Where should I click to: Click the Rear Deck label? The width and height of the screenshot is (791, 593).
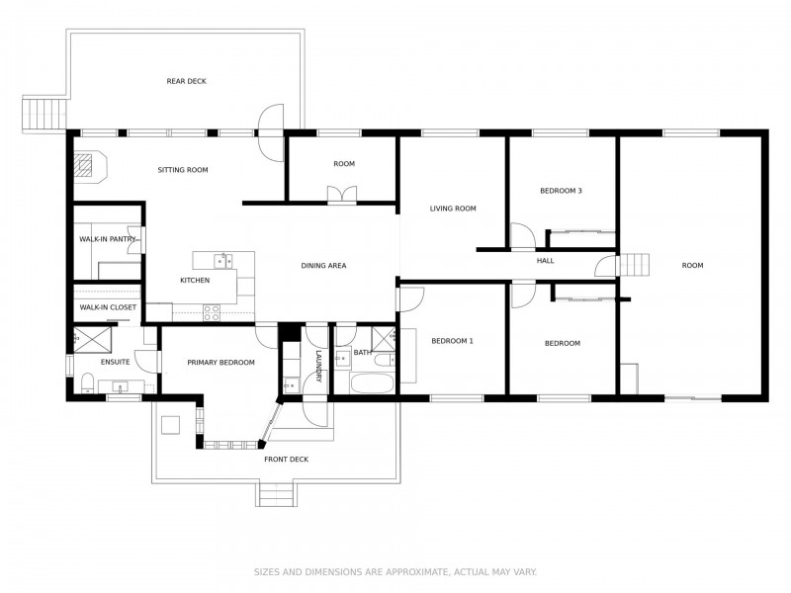(187, 81)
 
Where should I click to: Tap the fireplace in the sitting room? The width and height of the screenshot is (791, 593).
(90, 165)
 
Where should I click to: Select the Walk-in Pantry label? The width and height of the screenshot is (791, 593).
(108, 239)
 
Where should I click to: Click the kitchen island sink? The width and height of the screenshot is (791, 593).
(222, 261)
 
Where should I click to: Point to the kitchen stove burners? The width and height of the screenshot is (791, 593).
(212, 313)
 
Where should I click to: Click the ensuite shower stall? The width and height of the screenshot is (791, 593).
(93, 339)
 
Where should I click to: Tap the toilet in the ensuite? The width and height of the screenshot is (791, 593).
(87, 382)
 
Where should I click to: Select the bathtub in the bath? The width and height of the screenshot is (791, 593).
(372, 383)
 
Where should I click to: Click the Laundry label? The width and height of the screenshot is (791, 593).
(318, 366)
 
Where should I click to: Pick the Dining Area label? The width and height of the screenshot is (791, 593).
(323, 266)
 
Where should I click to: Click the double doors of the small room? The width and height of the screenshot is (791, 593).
(342, 195)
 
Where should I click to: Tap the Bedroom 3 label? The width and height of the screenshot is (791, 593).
(561, 191)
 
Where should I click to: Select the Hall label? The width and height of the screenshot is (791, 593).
(546, 261)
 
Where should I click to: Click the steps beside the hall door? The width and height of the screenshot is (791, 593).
(634, 265)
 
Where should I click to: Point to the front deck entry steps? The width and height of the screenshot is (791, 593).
(275, 494)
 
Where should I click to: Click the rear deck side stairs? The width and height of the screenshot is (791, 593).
(44, 114)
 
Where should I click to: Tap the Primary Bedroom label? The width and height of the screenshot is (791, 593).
(220, 363)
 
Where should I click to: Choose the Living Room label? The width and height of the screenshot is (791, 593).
(453, 209)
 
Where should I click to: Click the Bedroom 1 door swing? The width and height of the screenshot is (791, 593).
(411, 299)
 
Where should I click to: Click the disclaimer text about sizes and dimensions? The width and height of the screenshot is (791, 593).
(395, 572)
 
